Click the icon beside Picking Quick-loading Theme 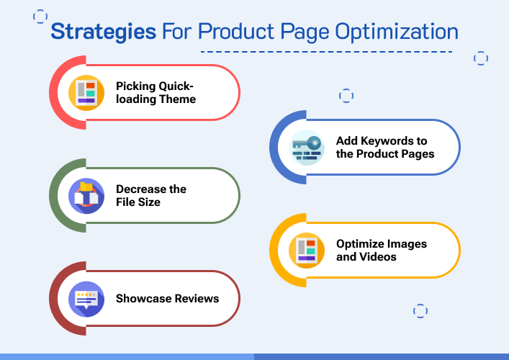click(x=86, y=92)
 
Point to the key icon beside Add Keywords click(x=307, y=148)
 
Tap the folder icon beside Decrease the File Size click(x=86, y=195)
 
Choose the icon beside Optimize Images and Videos click(x=307, y=250)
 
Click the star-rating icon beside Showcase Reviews click(x=86, y=298)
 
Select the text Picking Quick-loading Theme click(x=156, y=92)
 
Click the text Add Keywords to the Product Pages click(x=385, y=147)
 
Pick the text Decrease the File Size click(x=151, y=195)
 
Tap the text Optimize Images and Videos click(x=382, y=250)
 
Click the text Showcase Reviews click(x=167, y=298)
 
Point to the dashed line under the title click(x=326, y=52)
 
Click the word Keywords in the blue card click(x=388, y=140)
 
